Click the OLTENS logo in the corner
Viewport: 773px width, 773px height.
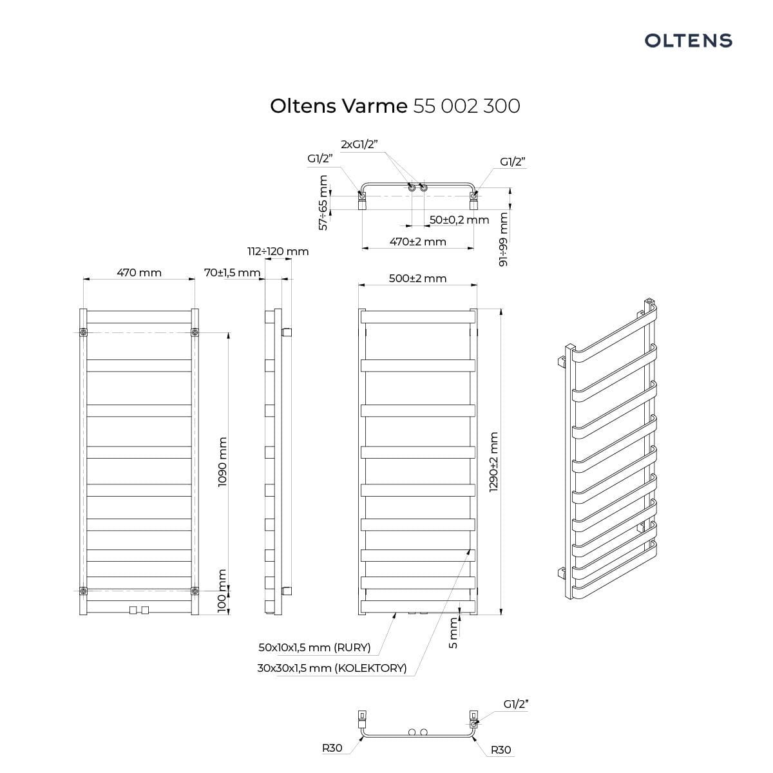click(x=688, y=41)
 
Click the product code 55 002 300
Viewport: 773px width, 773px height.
click(x=466, y=106)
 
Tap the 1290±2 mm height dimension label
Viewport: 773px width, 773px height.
click(x=494, y=462)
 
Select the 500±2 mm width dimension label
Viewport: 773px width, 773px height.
click(x=417, y=278)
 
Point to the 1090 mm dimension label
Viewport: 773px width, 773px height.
click(x=222, y=462)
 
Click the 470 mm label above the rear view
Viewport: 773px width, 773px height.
click(x=139, y=272)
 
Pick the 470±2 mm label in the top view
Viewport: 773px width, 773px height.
click(x=417, y=242)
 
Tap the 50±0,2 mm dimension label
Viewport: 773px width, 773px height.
click(x=459, y=220)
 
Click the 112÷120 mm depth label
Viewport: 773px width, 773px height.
click(x=278, y=251)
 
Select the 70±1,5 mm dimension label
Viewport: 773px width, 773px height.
click(x=233, y=272)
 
